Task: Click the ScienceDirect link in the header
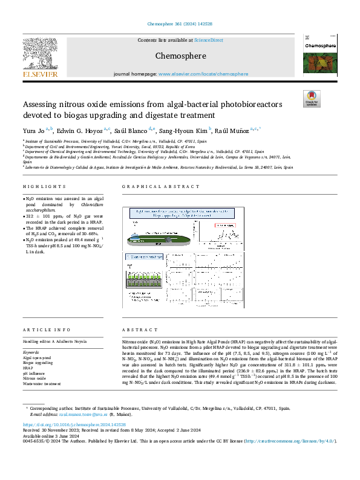coord(208,40)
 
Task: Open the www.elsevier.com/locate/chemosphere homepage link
coord(203,74)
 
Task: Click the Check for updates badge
coord(312,99)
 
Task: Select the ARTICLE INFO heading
coord(42,329)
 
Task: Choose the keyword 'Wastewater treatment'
coord(43,384)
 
